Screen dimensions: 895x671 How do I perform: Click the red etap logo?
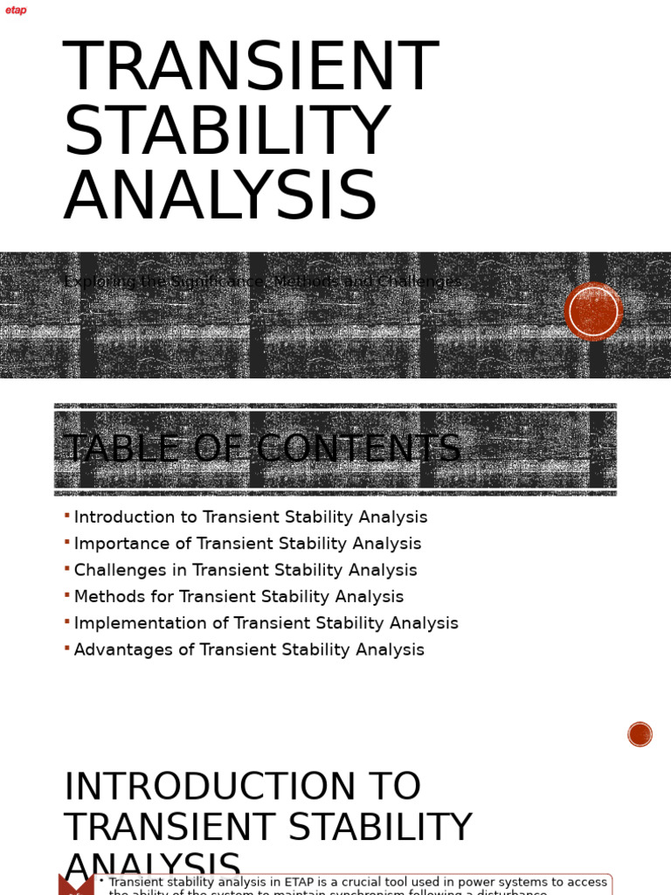tap(16, 10)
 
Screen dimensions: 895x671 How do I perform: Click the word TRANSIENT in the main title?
tap(250, 67)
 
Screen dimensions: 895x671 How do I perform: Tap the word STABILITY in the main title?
tap(226, 132)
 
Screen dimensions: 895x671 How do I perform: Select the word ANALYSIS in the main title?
tap(220, 197)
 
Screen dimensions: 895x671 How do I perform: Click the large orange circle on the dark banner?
tap(593, 311)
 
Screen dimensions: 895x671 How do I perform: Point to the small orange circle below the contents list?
tap(640, 734)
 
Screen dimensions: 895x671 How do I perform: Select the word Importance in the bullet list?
tap(123, 544)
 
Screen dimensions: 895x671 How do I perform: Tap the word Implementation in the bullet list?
tap(141, 623)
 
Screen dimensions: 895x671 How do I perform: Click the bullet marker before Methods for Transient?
tap(67, 595)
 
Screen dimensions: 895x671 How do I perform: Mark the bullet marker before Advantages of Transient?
tap(67, 649)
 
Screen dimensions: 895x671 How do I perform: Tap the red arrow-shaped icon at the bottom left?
tap(76, 885)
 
